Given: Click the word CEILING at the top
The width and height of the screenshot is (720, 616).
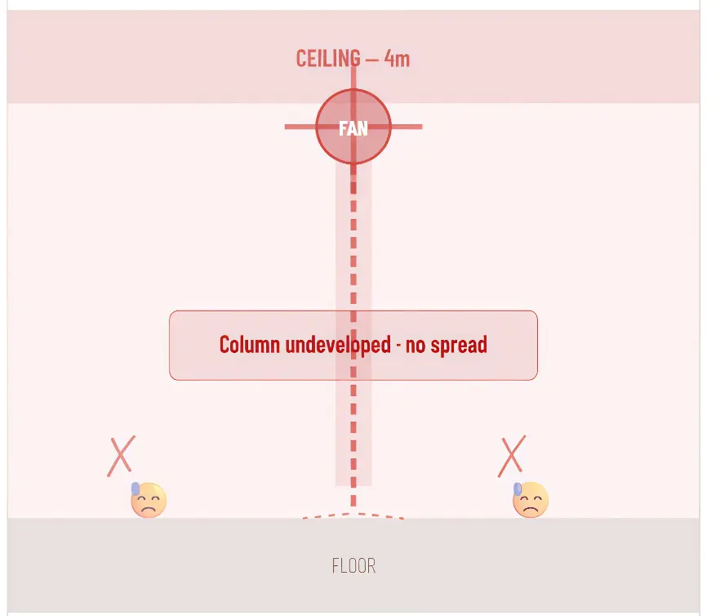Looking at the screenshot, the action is click(x=328, y=59).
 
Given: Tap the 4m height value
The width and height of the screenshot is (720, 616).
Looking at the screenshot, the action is click(x=397, y=59).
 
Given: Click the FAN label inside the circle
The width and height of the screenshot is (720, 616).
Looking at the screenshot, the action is click(x=353, y=129).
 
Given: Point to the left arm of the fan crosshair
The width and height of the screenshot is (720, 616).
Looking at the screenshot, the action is click(x=300, y=127).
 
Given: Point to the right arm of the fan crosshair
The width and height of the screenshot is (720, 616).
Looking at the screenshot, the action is click(x=407, y=127).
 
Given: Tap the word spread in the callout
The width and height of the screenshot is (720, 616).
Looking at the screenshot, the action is click(x=459, y=346).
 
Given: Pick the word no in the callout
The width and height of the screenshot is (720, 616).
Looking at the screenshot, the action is click(x=415, y=346).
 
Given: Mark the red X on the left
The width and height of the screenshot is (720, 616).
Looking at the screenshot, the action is click(x=121, y=456).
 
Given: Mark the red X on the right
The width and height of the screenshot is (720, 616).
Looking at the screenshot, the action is click(x=512, y=456).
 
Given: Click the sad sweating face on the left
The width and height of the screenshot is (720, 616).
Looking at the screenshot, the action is click(x=149, y=500).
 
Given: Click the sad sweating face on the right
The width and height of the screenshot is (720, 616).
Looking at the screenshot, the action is click(x=531, y=500).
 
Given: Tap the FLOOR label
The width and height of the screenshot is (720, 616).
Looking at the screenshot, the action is click(x=353, y=566).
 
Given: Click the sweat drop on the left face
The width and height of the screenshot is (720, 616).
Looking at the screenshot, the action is click(x=135, y=489).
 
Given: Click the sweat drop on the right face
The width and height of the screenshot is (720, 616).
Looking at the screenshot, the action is click(x=518, y=489).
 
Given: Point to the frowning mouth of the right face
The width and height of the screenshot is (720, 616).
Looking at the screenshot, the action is click(x=531, y=509).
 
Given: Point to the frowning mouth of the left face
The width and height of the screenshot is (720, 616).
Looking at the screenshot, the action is click(x=148, y=509).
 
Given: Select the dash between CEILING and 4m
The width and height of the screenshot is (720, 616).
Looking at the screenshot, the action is click(x=372, y=60).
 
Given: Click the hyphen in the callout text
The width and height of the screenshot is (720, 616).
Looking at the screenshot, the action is click(x=398, y=346).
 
